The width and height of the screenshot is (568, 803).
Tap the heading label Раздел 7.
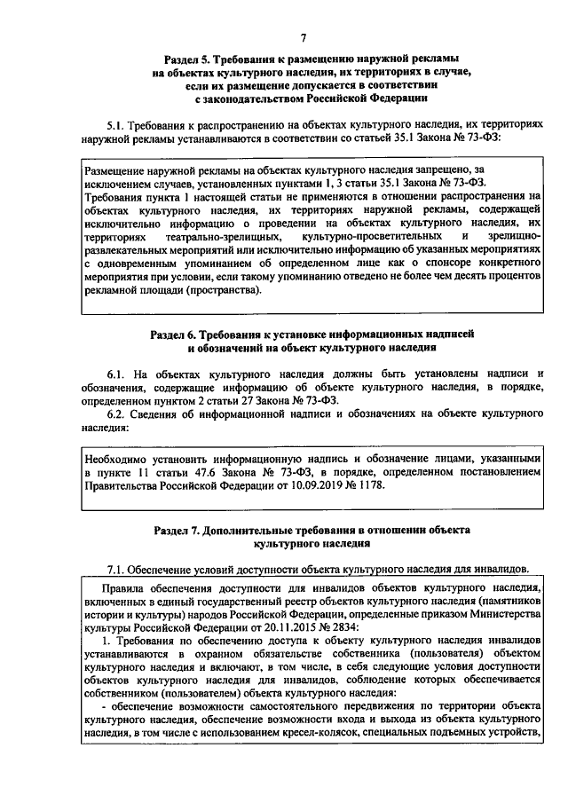click(181, 530)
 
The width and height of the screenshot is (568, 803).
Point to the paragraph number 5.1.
click(115, 128)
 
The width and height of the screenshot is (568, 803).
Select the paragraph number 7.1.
click(117, 569)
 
